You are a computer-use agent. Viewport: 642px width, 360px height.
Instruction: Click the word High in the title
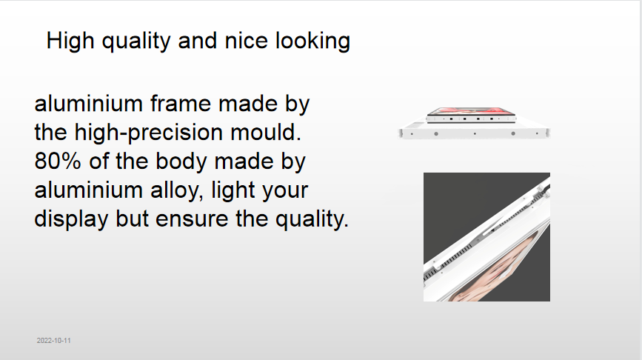[x=70, y=41]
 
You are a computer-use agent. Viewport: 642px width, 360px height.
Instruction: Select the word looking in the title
[x=312, y=41]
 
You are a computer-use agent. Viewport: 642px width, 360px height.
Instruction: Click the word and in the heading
[x=198, y=41]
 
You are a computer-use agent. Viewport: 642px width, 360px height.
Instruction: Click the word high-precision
[x=149, y=133]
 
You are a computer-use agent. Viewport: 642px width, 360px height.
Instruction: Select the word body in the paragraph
[x=182, y=161]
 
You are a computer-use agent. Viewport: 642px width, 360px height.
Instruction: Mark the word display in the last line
[x=71, y=219]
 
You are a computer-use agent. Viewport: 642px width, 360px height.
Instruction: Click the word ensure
[x=192, y=219]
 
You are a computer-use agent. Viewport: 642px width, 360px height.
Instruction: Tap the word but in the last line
[x=132, y=219]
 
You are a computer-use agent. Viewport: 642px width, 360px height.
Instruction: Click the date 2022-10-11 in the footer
[x=53, y=340]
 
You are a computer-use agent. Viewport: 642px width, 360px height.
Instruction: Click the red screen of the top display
[x=470, y=111]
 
